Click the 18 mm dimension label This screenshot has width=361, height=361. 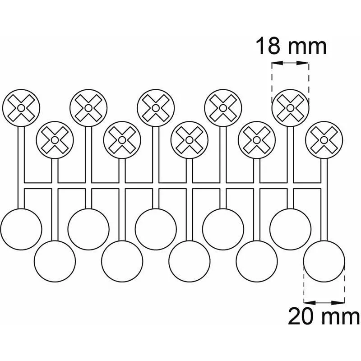pyautogui.click(x=291, y=47)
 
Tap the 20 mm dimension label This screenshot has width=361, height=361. pyautogui.click(x=324, y=316)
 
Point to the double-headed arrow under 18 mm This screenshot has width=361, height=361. pyautogui.click(x=290, y=63)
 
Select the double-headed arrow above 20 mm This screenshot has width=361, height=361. pyautogui.click(x=324, y=302)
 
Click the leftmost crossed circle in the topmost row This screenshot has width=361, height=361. pyautogui.click(x=21, y=108)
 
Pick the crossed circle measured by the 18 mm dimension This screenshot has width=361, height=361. pyautogui.click(x=290, y=108)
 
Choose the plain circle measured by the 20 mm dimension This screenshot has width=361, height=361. pyautogui.click(x=324, y=261)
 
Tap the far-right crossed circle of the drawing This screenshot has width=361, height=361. pyautogui.click(x=324, y=140)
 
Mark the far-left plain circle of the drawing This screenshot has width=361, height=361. pyautogui.click(x=21, y=229)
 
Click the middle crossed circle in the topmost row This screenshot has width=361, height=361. pyautogui.click(x=156, y=108)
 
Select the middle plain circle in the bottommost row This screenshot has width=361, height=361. pyautogui.click(x=190, y=261)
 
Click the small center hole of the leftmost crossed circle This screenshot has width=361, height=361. pyautogui.click(x=21, y=108)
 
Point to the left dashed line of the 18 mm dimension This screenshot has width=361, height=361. pyautogui.click(x=272, y=83)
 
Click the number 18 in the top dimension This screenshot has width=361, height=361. pyautogui.click(x=268, y=47)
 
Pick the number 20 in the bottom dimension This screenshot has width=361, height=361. pyautogui.click(x=301, y=316)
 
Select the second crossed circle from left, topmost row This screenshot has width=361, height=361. pyautogui.click(x=88, y=108)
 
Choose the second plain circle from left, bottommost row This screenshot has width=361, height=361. pyautogui.click(x=122, y=261)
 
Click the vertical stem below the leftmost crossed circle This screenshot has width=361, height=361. pyautogui.click(x=21, y=167)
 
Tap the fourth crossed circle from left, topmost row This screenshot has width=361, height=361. pyautogui.click(x=223, y=108)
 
